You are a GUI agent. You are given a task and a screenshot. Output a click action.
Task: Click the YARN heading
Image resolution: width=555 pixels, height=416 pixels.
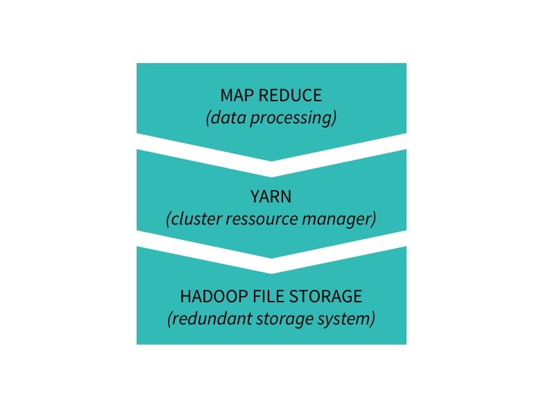271,196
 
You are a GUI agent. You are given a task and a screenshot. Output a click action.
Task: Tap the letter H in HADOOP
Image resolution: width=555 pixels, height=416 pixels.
185,296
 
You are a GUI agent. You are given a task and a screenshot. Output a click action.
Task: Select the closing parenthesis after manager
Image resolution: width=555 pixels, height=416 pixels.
374,219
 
